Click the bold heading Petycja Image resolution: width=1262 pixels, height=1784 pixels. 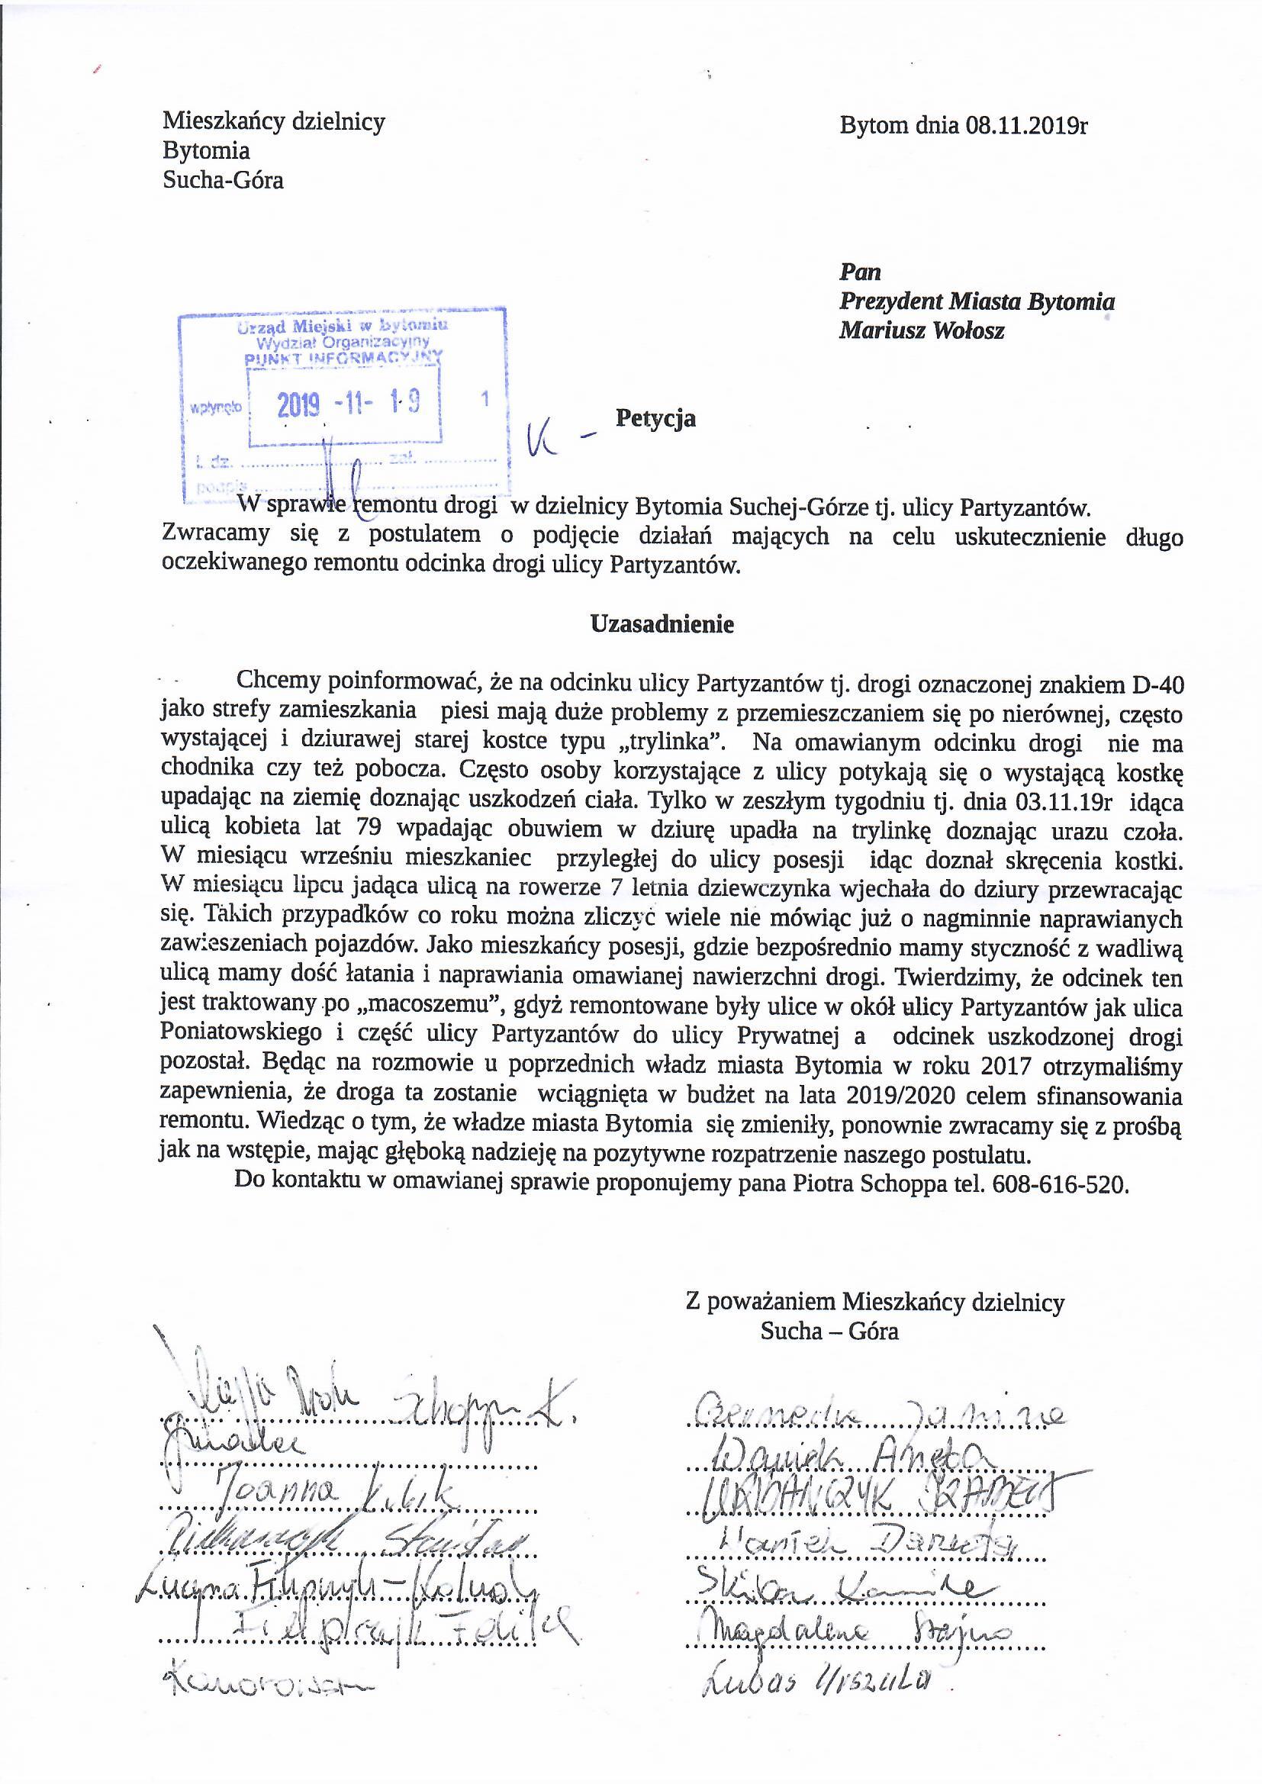pyautogui.click(x=655, y=419)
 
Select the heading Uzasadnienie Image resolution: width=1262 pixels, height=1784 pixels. pyautogui.click(x=662, y=625)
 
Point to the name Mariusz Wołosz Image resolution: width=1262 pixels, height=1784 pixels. pyautogui.click(x=921, y=331)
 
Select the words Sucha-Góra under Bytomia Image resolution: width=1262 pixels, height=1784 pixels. pyautogui.click(x=222, y=181)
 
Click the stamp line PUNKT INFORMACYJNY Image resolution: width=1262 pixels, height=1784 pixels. pyautogui.click(x=343, y=358)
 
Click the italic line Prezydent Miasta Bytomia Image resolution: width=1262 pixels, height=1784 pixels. pyautogui.click(x=977, y=301)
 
